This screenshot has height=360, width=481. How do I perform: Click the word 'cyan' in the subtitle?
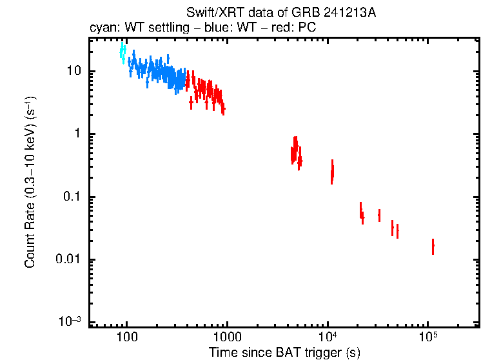101,28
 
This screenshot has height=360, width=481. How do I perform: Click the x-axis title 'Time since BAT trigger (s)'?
284,352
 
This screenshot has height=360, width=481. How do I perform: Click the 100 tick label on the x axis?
126,337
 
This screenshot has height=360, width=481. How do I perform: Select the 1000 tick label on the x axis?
226,337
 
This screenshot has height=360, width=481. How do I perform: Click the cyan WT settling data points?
123,54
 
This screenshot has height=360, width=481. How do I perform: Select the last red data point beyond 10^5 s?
433,246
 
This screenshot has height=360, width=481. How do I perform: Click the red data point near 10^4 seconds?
332,172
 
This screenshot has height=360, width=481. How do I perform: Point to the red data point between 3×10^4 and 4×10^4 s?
379,215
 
